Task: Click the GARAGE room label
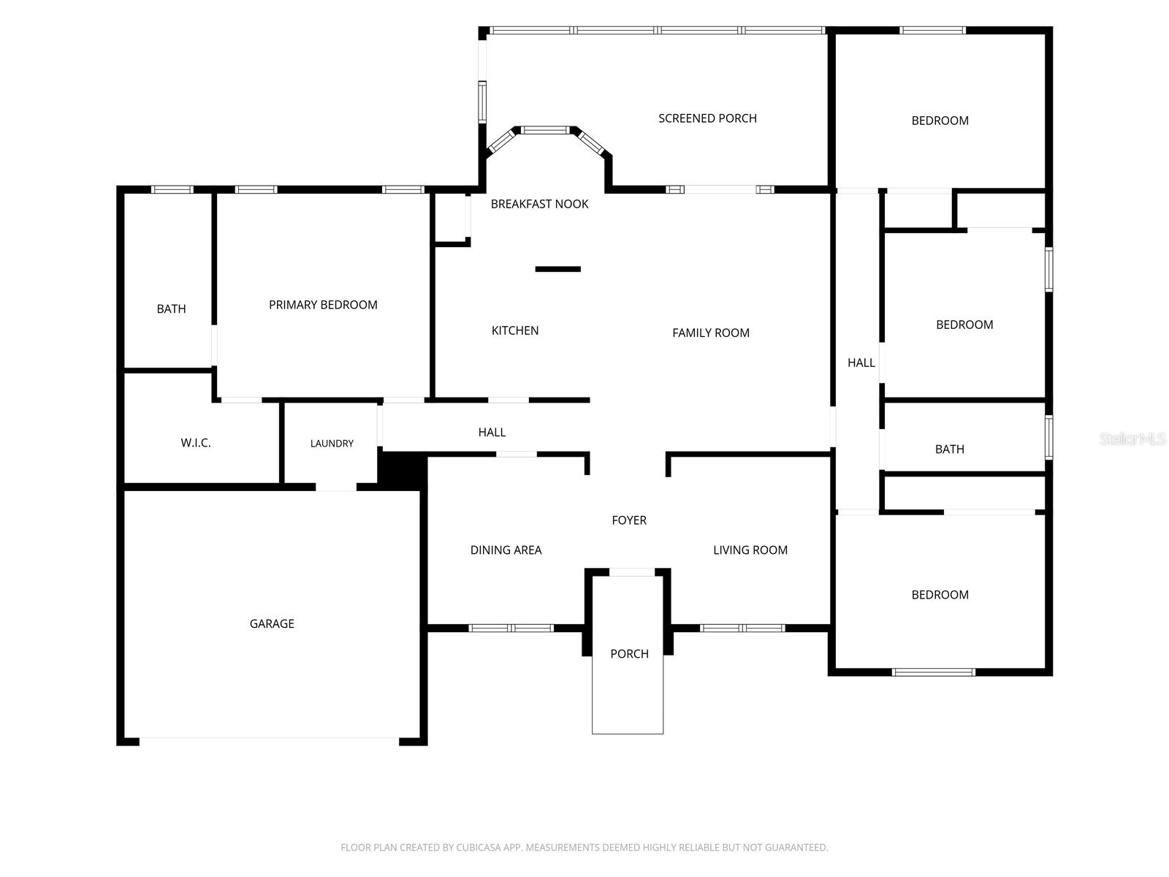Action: pos(272,623)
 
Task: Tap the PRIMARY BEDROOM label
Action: pos(323,305)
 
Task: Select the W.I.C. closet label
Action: pos(196,442)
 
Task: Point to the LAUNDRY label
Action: pos(332,443)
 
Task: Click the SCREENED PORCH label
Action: pos(707,118)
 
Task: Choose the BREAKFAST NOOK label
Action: pos(539,204)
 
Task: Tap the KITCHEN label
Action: pos(515,330)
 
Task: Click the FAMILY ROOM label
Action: pos(710,333)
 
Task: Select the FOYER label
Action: pos(629,520)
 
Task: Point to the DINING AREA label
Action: pos(506,550)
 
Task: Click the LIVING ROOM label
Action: pos(750,550)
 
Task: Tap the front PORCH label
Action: pos(629,654)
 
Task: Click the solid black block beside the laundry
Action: pos(402,469)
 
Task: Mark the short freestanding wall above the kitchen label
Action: pos(557,269)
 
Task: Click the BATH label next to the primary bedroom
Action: pos(171,309)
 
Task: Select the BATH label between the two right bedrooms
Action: pos(950,449)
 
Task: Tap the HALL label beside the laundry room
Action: pos(492,432)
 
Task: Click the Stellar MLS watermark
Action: pos(1132,438)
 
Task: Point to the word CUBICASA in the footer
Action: pos(476,847)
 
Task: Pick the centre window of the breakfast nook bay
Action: pos(545,131)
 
